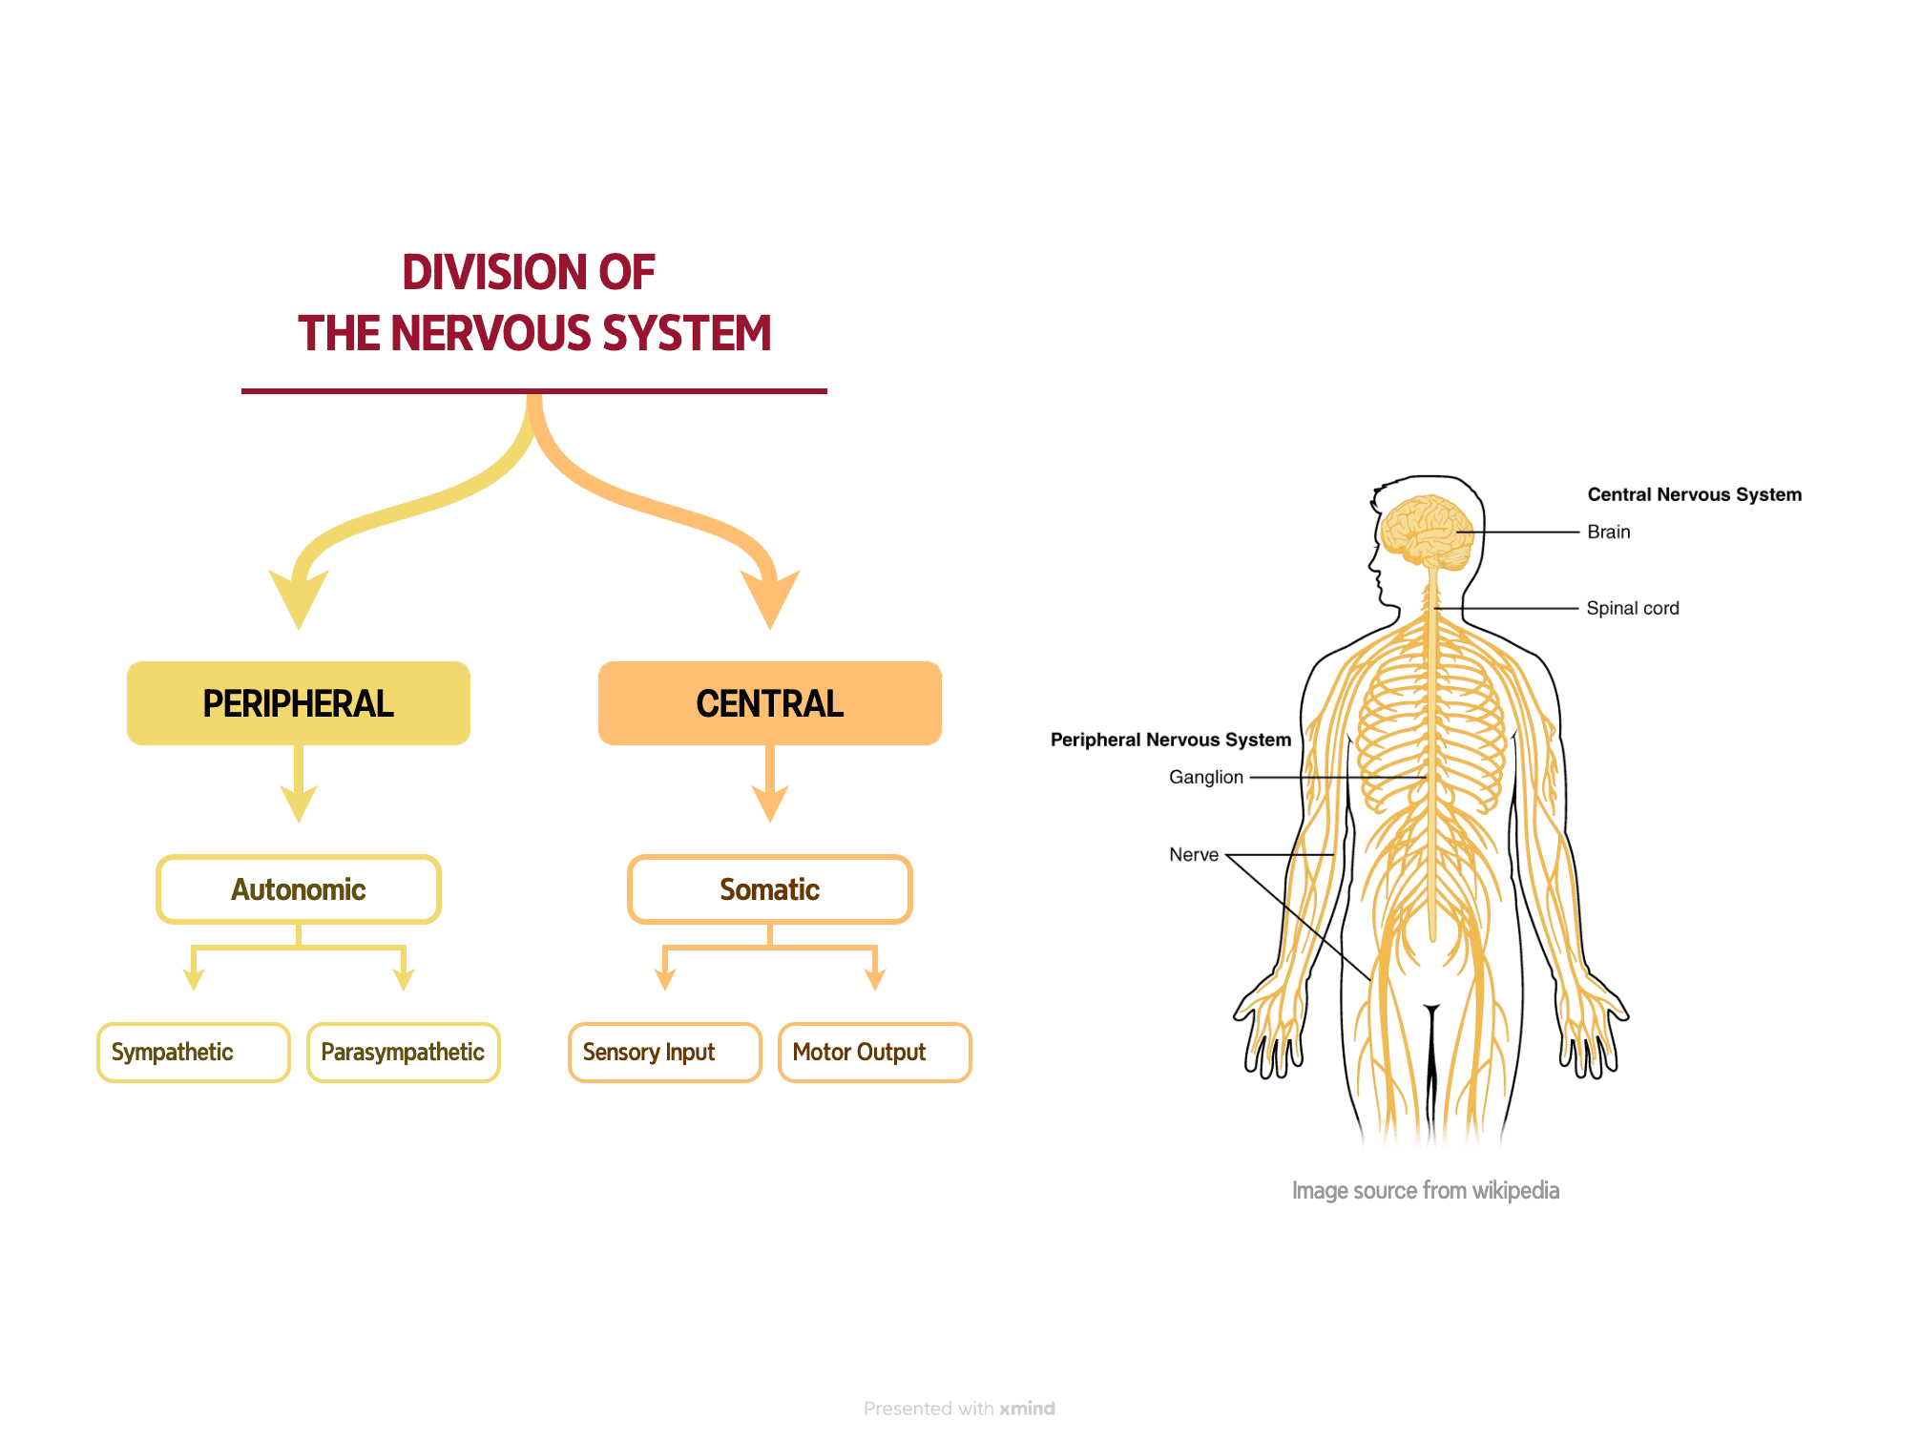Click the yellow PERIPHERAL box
point(299,703)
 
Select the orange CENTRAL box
point(769,703)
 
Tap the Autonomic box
point(299,889)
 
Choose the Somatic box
point(769,889)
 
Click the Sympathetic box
point(193,1053)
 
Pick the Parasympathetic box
point(403,1053)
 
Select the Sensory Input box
point(664,1053)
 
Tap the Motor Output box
point(874,1053)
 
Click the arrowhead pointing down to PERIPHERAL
point(299,599)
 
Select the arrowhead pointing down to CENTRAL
point(769,599)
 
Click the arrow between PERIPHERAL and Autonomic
point(299,784)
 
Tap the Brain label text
point(1608,533)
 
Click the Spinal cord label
point(1632,609)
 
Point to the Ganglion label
point(1205,778)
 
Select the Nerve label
point(1193,855)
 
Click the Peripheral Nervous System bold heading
point(1170,740)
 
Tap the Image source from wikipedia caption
point(1425,1191)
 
